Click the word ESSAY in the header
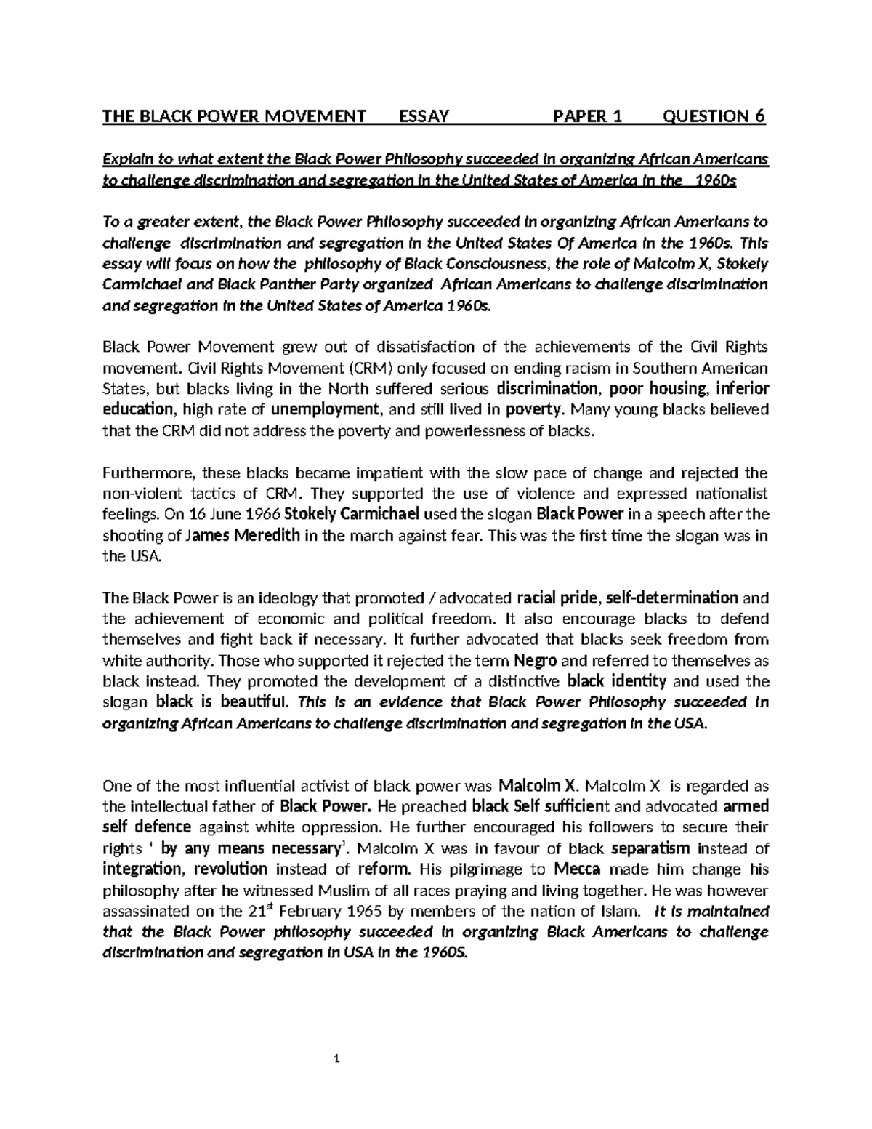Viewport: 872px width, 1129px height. tap(424, 116)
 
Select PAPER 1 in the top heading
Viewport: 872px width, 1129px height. tap(588, 116)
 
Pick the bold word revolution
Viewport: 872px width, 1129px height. tap(231, 869)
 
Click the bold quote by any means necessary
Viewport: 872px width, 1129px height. tap(249, 848)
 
